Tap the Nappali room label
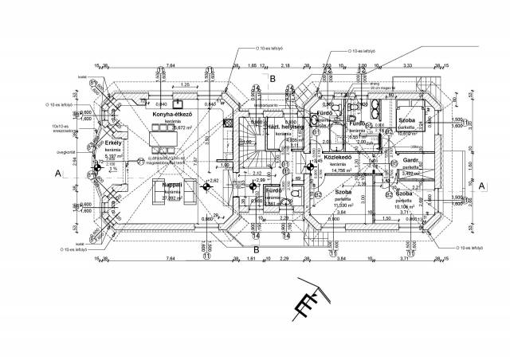click(x=172, y=185)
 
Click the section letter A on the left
click(x=58, y=172)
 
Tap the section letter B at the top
click(x=272, y=79)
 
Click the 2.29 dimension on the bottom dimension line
click(x=284, y=260)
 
